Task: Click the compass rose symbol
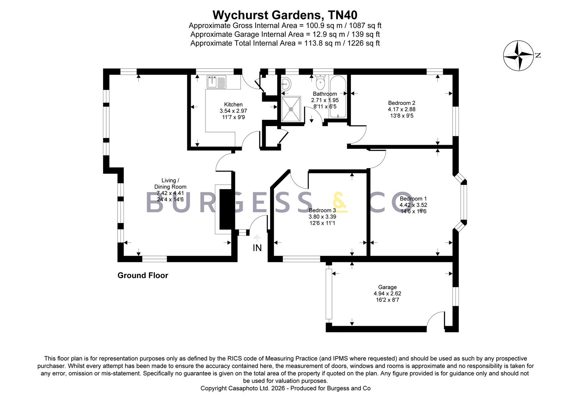point(519,56)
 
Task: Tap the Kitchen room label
point(233,104)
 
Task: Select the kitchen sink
point(216,82)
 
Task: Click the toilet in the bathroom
point(320,81)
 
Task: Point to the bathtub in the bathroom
point(338,97)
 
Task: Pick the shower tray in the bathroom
point(291,109)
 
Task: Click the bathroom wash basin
point(286,84)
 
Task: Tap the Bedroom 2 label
point(401,103)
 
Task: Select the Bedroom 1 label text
point(413,199)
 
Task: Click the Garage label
point(387,287)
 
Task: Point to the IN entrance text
point(257,248)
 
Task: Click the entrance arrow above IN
point(257,238)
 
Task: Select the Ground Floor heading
point(143,275)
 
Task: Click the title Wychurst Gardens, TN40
point(285,15)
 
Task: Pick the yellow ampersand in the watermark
point(340,202)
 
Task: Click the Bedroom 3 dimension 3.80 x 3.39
point(322,217)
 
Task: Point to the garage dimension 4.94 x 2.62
point(387,293)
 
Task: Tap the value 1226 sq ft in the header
point(363,43)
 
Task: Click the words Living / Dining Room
point(170,184)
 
